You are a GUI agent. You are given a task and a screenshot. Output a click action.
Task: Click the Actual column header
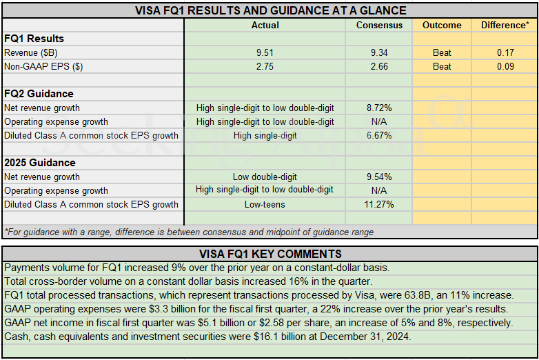(265, 25)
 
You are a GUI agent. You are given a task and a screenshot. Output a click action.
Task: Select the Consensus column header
(379, 25)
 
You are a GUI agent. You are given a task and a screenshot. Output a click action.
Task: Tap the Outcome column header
(442, 25)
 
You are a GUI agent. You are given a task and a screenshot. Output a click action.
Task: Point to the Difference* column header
(505, 25)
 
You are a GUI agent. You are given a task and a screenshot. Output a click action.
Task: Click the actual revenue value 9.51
(265, 52)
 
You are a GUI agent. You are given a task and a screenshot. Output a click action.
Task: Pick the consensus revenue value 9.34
(379, 52)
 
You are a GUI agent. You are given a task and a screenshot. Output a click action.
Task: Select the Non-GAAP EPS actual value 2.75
(265, 66)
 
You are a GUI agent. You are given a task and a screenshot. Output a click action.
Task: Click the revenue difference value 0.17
(505, 52)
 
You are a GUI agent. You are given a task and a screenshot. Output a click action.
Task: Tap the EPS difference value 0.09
(505, 66)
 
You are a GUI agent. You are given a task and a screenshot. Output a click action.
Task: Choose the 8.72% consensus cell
(379, 108)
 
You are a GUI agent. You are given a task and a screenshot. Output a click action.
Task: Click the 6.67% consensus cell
(379, 135)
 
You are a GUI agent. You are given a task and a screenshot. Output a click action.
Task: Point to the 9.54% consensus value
(379, 177)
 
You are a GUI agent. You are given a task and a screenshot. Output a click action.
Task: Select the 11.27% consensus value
(379, 204)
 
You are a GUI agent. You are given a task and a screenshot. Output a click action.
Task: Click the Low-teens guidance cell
(265, 204)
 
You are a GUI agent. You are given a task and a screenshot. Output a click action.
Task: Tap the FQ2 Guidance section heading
(39, 94)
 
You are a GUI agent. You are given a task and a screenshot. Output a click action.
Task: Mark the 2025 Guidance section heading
(40, 163)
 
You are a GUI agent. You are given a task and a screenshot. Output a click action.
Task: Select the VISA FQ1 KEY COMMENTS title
(269, 253)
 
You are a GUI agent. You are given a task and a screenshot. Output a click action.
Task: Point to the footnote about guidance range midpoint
(189, 232)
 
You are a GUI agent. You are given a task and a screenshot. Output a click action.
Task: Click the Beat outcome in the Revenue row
(442, 52)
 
